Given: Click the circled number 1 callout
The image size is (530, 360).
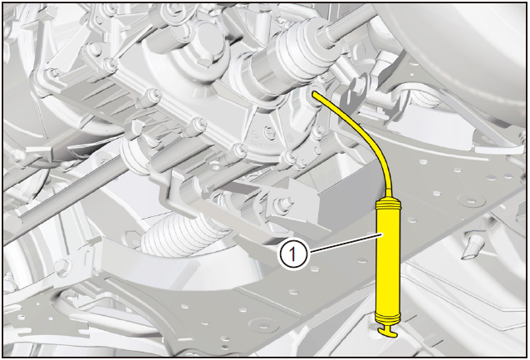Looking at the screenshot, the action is (292, 254).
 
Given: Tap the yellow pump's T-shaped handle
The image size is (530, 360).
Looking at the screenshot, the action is (387, 332).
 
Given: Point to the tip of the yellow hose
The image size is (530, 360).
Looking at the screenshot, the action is (314, 93).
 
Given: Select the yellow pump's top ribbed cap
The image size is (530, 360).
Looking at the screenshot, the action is (389, 204).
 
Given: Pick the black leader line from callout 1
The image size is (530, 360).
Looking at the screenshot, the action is (346, 243).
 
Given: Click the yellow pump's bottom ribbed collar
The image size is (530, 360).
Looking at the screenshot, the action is (387, 318).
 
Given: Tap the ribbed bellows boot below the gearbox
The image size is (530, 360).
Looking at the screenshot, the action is (180, 234).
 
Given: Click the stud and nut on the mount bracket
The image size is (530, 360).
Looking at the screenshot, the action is (283, 205).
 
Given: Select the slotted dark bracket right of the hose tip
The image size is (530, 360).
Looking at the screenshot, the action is (355, 98).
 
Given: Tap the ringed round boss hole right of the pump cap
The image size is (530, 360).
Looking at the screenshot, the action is (471, 199).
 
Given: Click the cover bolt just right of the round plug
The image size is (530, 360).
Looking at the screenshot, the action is (290, 136).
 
